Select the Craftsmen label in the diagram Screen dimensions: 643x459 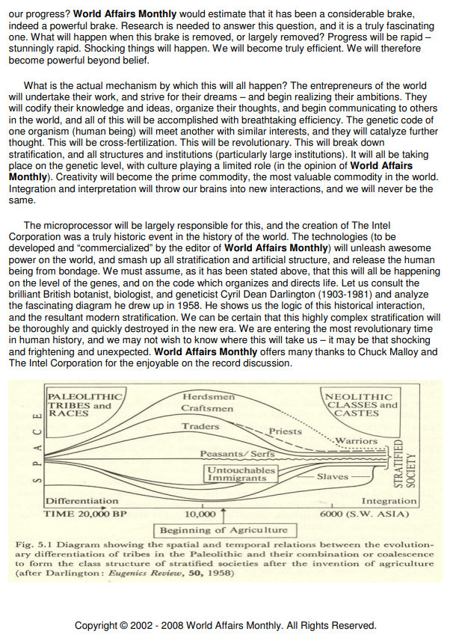tap(207, 408)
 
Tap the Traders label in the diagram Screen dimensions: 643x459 tap(200, 427)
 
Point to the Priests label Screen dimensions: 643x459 tap(284, 431)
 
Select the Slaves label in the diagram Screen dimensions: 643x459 tap(333, 476)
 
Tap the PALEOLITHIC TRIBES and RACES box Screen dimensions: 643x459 tap(78, 404)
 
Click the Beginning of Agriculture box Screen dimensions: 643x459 tap(223, 530)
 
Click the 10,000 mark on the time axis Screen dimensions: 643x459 tap(200, 514)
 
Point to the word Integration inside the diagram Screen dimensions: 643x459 tap(389, 501)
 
